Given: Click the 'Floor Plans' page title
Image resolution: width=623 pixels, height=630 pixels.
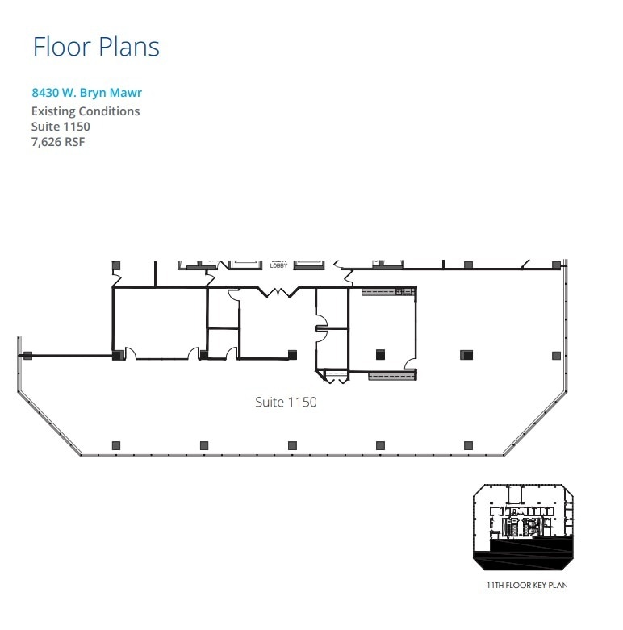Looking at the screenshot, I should [x=96, y=46].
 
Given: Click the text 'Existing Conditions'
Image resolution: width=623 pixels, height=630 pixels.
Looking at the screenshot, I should [x=86, y=111].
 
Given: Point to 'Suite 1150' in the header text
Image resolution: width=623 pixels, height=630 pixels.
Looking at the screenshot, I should [x=61, y=127].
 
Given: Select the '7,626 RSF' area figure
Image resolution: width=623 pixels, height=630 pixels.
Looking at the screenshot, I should [x=58, y=142].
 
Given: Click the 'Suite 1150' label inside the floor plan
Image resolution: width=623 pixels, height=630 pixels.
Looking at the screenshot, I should [x=286, y=402].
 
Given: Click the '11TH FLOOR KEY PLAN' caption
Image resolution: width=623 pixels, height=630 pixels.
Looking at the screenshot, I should [x=527, y=585].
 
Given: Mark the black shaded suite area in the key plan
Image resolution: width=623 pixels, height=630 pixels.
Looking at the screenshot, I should [x=525, y=553].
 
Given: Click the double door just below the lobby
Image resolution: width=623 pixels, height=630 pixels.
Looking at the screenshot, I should [x=278, y=292].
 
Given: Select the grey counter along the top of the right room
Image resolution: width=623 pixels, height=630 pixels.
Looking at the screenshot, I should [x=388, y=291].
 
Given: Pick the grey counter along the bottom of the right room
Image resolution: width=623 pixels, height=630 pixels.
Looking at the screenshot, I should [x=392, y=375].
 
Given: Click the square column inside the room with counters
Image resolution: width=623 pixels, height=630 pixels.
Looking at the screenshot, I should [x=379, y=353].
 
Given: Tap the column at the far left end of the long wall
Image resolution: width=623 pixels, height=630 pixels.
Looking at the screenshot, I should [x=27, y=355].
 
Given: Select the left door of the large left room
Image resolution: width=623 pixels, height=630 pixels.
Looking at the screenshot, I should [x=128, y=354].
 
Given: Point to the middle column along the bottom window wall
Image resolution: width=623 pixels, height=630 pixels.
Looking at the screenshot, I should [x=291, y=444].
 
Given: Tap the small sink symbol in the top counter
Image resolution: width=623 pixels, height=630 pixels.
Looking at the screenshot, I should [x=399, y=291].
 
